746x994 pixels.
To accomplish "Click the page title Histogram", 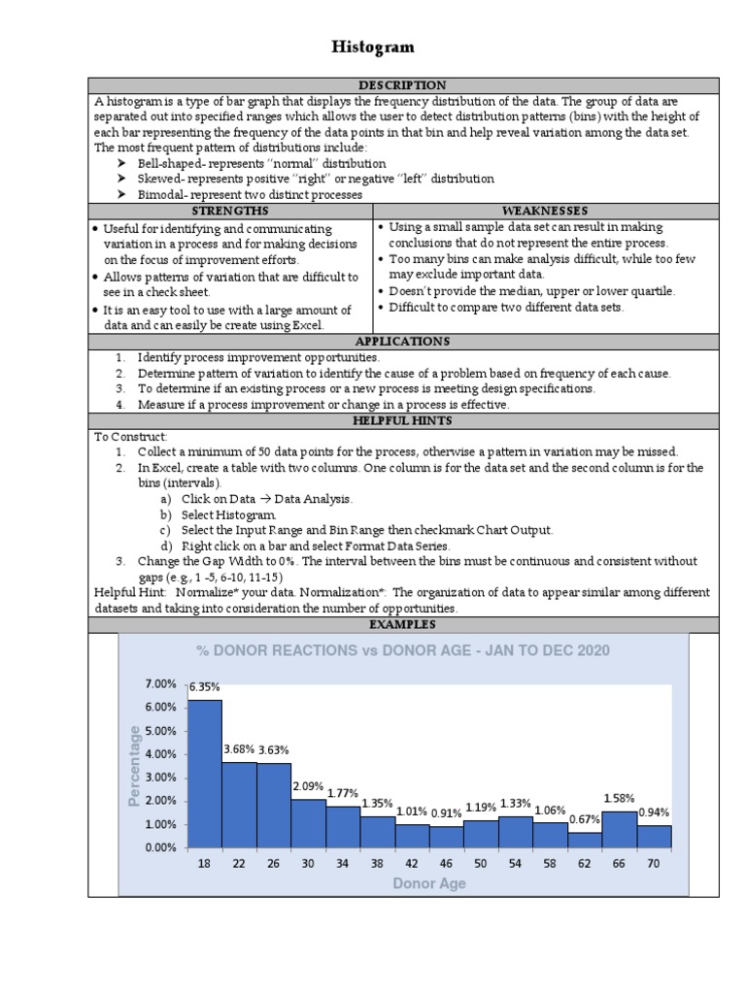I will tap(374, 47).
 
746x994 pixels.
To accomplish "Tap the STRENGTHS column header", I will tap(230, 210).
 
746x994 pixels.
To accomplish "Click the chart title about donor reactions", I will tap(403, 650).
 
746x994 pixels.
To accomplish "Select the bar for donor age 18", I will tap(204, 773).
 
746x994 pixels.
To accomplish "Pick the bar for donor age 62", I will tap(585, 840).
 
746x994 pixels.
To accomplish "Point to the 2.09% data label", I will tap(309, 785).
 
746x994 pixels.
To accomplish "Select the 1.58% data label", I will tap(620, 798).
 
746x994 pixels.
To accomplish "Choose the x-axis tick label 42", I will tap(412, 864).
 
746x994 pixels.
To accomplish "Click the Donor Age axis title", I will tap(428, 883).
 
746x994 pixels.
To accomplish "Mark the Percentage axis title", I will tap(135, 765).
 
